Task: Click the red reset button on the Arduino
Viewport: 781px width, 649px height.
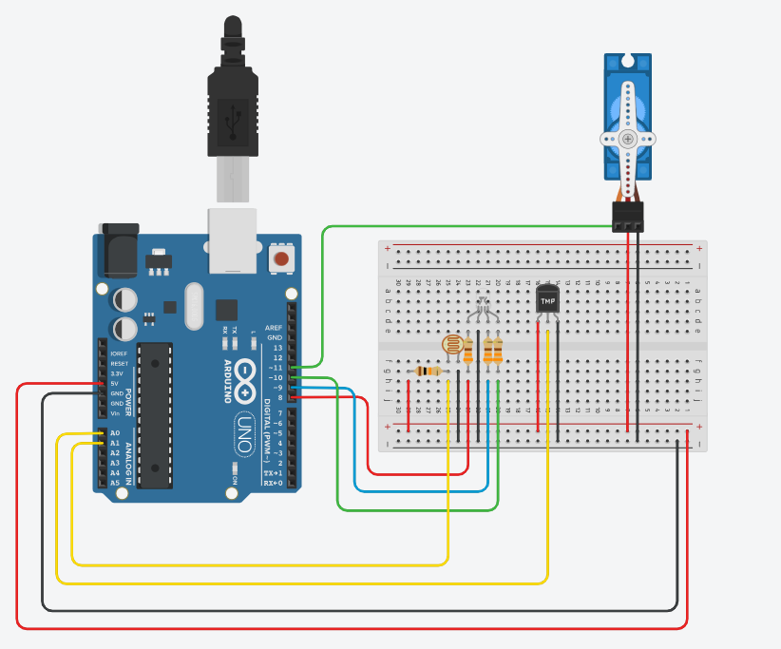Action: (x=281, y=258)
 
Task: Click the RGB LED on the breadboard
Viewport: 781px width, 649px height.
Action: (x=482, y=306)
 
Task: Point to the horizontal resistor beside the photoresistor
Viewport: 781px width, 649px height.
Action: (x=430, y=372)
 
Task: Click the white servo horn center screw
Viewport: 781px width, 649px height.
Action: (x=628, y=139)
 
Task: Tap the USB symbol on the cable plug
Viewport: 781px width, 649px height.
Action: (x=231, y=120)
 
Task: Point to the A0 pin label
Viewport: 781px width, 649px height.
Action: (x=115, y=433)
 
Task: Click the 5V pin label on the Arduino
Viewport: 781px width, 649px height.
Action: (x=116, y=383)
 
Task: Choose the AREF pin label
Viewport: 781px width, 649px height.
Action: (x=274, y=327)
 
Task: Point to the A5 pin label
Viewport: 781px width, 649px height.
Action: (x=115, y=483)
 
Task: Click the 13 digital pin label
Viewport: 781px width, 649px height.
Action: (x=277, y=348)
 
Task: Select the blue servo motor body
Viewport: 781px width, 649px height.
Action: (x=627, y=114)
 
